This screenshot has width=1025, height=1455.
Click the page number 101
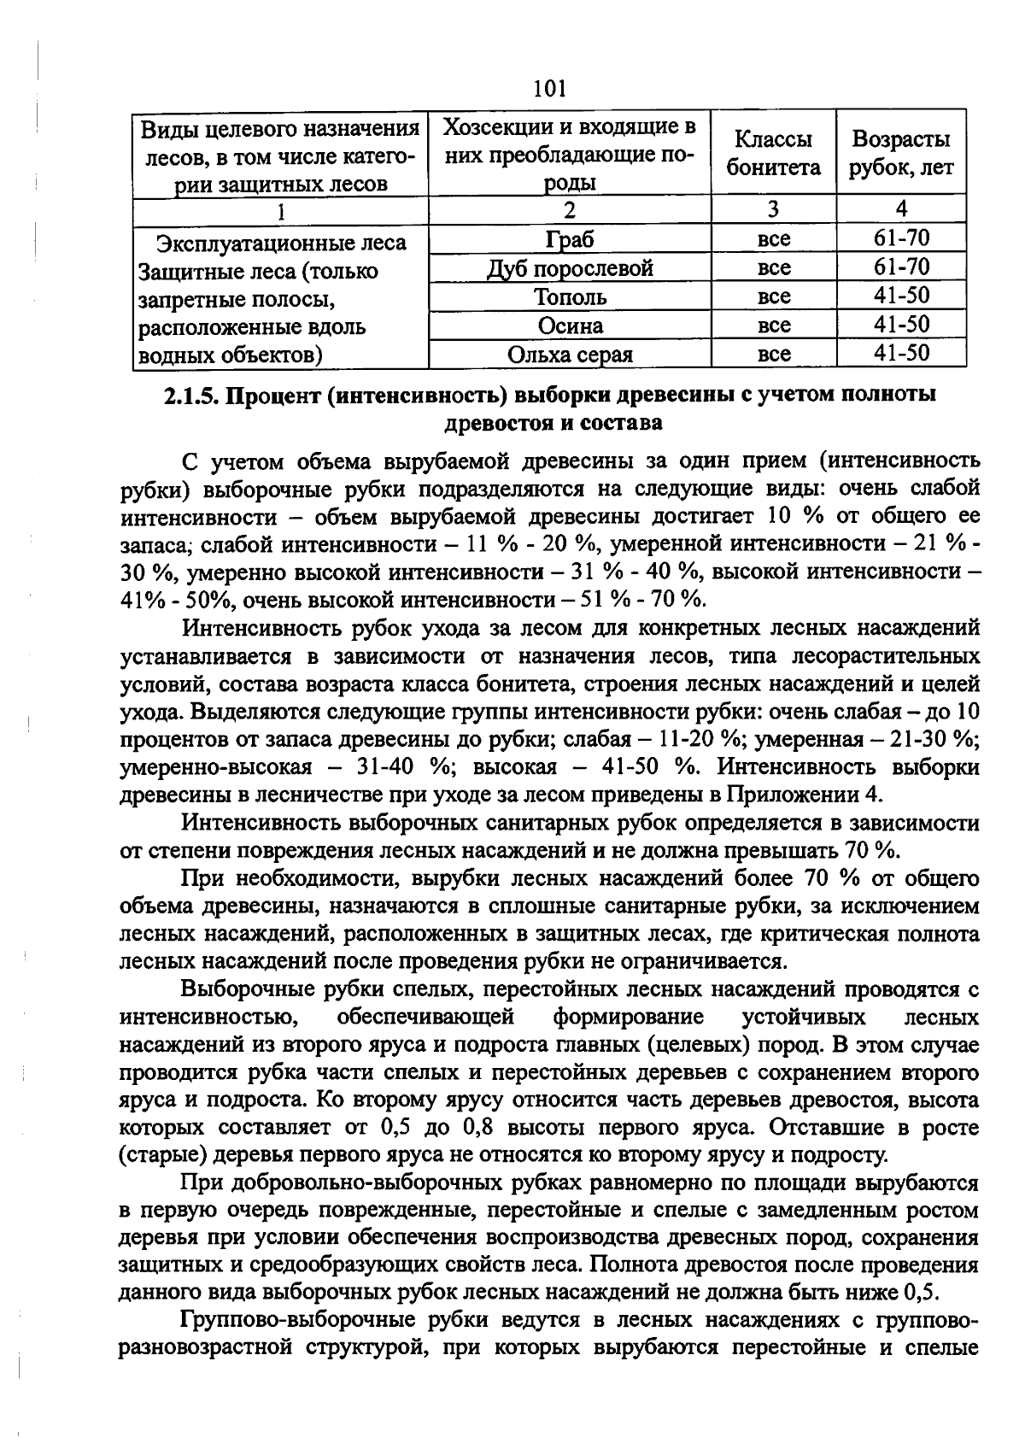coord(548,88)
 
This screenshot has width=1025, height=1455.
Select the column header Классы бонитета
coord(773,154)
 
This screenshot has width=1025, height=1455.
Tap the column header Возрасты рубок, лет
coord(901,154)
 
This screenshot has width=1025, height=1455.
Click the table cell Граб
coord(570,239)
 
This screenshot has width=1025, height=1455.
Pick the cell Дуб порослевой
coord(570,268)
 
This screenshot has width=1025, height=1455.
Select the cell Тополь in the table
coord(570,297)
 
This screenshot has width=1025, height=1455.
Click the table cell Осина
coord(570,326)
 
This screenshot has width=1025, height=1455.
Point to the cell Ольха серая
coord(570,355)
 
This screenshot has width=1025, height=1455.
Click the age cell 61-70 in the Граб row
coord(901,238)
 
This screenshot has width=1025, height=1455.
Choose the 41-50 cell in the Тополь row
coord(901,296)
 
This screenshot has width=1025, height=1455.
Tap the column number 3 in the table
coord(773,209)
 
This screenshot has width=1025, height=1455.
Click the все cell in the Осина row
coord(773,326)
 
